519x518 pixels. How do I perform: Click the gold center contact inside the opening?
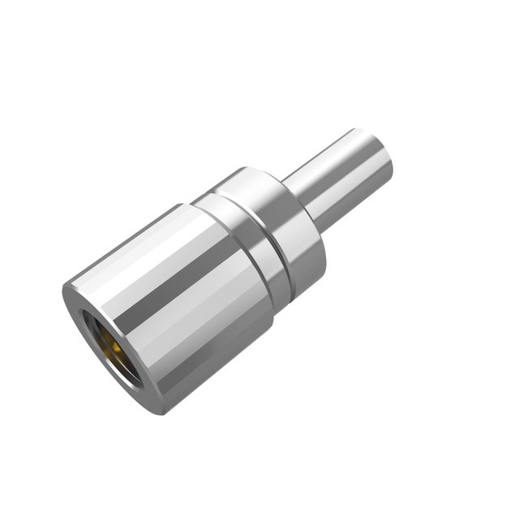(x=114, y=352)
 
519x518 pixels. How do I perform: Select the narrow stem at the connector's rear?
(x=341, y=183)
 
